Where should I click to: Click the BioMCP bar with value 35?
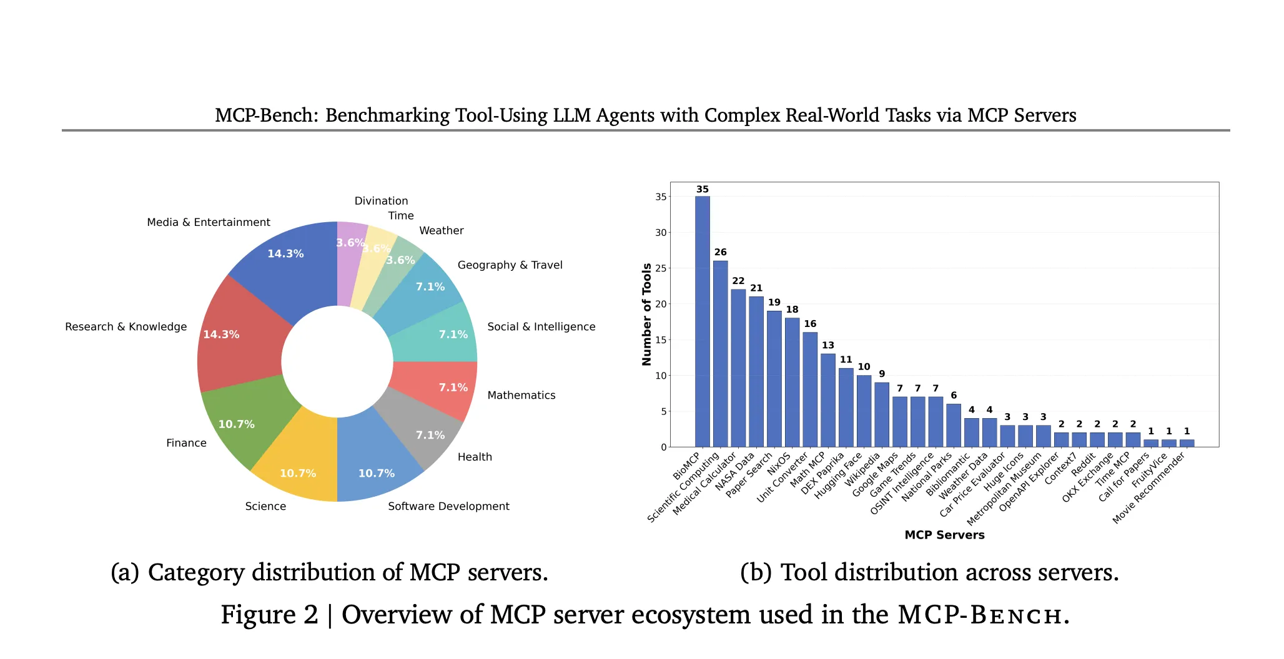pyautogui.click(x=702, y=321)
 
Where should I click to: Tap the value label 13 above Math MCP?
pyautogui.click(x=827, y=345)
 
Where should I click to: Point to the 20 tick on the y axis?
pyautogui.click(x=661, y=305)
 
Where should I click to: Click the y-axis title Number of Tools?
pyautogui.click(x=646, y=314)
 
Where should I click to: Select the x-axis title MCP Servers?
pyautogui.click(x=944, y=535)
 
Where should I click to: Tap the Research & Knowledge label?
pyautogui.click(x=126, y=326)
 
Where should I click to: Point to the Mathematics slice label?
pyautogui.click(x=521, y=395)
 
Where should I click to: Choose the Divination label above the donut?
pyautogui.click(x=381, y=201)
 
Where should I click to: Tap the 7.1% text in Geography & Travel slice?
pyautogui.click(x=430, y=286)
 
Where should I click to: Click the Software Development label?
pyautogui.click(x=448, y=506)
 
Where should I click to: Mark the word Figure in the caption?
pyautogui.click(x=269, y=615)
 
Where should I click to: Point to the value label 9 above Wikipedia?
pyautogui.click(x=881, y=374)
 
